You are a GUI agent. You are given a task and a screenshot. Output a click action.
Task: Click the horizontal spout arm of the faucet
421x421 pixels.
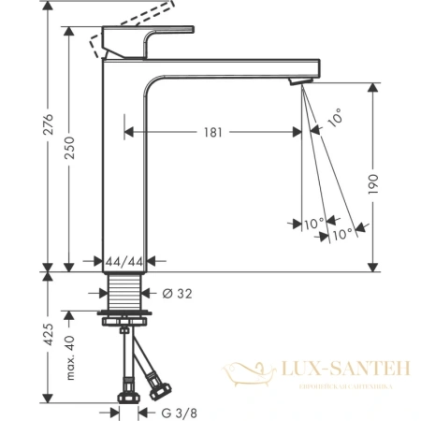[234, 69]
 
